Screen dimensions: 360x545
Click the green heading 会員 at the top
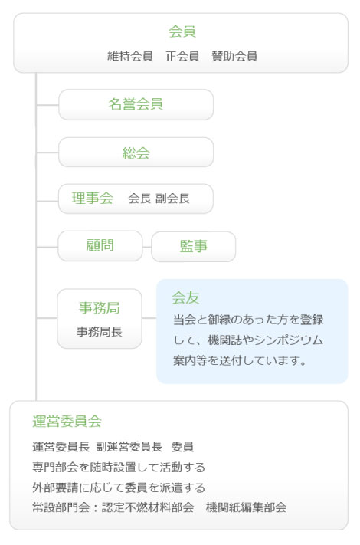(x=182, y=31)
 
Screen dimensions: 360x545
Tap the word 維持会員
(x=130, y=56)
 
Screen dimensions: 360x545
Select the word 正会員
(x=182, y=56)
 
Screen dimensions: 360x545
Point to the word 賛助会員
(x=234, y=56)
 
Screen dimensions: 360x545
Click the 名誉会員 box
(x=136, y=104)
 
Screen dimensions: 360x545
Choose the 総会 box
(x=136, y=153)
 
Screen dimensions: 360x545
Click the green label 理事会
(x=93, y=198)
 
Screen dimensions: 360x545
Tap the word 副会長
(x=172, y=199)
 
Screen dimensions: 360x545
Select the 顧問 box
(x=100, y=246)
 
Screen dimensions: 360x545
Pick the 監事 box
(x=193, y=246)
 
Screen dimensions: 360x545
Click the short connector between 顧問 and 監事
(x=147, y=247)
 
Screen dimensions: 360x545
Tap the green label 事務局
(x=100, y=308)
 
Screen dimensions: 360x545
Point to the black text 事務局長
(x=100, y=332)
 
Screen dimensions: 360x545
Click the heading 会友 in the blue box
(x=185, y=297)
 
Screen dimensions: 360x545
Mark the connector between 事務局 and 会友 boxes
(x=149, y=318)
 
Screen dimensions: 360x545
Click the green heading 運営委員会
(x=67, y=422)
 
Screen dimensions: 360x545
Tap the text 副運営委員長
(x=129, y=447)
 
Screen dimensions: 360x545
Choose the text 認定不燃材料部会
(x=148, y=507)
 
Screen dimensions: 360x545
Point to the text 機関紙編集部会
(x=246, y=507)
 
